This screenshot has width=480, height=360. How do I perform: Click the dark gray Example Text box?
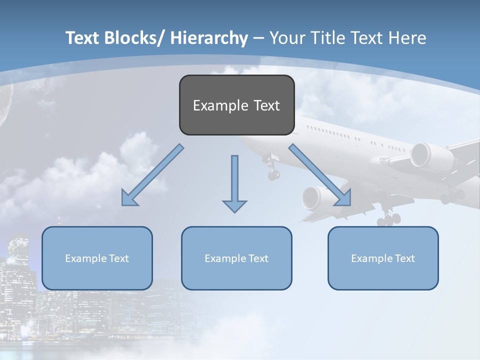pyautogui.click(x=236, y=105)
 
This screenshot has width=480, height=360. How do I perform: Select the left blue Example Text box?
pyautogui.click(x=97, y=258)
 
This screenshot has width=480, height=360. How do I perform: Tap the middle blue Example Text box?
pyautogui.click(x=236, y=258)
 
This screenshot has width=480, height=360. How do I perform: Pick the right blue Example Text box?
pyautogui.click(x=383, y=258)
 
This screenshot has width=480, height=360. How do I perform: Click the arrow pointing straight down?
pyautogui.click(x=234, y=185)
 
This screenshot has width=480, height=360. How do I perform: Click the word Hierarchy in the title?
pyautogui.click(x=209, y=38)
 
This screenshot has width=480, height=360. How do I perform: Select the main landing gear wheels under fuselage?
pyautogui.click(x=388, y=218)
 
